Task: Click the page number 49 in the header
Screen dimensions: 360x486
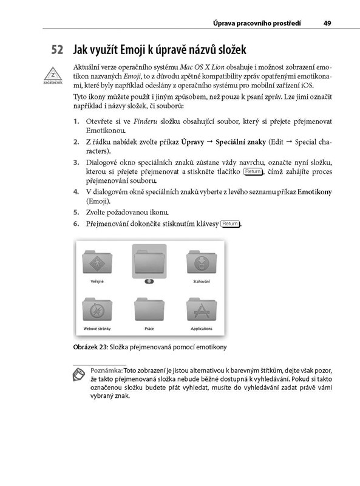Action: pos(327,23)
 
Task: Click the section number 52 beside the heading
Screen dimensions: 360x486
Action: pos(57,50)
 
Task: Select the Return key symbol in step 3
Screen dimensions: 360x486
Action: pos(253,171)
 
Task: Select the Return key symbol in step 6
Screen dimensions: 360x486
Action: pos(230,224)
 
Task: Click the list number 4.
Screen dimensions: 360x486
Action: pos(76,192)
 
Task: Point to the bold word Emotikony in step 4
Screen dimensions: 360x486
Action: pos(314,192)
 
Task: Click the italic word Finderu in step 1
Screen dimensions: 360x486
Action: pos(145,121)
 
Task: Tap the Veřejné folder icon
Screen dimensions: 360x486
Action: pos(97,262)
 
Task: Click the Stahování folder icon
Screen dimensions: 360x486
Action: pos(202,262)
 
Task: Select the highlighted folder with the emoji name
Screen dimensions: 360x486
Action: pos(149,261)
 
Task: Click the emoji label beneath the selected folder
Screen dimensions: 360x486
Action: pos(149,281)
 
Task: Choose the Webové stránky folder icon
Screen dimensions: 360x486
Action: pos(97,310)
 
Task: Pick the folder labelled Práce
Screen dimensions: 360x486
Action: pos(149,310)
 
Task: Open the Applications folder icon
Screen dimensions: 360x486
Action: pos(202,310)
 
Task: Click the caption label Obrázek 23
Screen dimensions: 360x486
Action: pos(90,347)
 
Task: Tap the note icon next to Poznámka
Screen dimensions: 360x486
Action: pos(79,374)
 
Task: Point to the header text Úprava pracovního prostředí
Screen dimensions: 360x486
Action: pos(257,23)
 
